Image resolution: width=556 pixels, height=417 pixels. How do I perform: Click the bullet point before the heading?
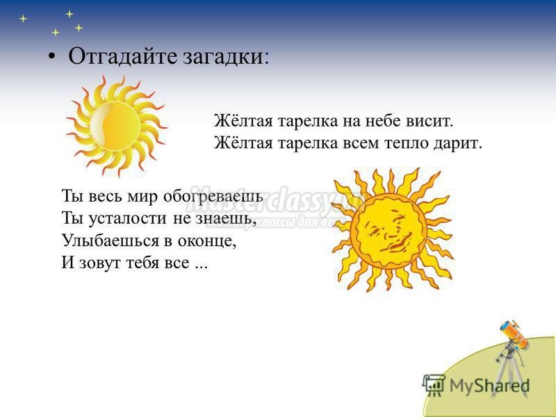coord(52,56)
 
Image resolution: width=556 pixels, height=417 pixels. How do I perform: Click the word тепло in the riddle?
coord(407,144)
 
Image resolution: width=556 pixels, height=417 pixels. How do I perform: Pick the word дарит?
coord(458,144)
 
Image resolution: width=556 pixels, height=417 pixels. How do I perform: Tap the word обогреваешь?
coord(213,196)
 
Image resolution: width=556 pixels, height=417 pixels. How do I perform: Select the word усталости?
coord(127,218)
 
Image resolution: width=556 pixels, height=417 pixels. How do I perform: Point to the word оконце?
coord(206,241)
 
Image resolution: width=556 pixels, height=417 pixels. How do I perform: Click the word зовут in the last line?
coord(99,263)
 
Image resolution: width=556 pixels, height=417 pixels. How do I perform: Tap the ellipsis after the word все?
coord(201,267)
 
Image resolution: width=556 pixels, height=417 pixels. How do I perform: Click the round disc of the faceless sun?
coord(115,126)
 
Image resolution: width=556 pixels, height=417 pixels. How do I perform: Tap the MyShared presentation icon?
coord(433,385)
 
